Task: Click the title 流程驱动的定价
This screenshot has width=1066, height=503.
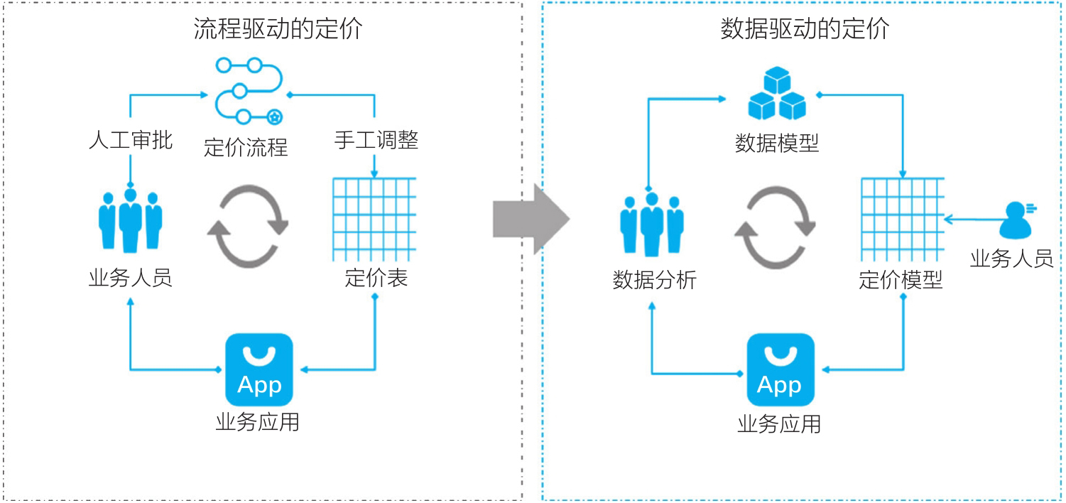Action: (278, 28)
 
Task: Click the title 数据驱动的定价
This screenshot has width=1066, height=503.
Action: (805, 28)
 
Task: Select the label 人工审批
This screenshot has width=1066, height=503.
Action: (131, 140)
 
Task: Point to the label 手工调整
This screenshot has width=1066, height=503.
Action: (376, 140)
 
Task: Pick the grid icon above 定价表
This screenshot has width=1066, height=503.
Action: (374, 219)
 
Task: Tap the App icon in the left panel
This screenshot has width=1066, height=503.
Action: (259, 369)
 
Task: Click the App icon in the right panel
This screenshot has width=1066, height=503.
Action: (780, 369)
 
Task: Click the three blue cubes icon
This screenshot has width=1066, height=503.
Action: (778, 94)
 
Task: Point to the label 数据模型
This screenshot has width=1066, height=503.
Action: (777, 144)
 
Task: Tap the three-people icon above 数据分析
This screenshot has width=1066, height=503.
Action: (653, 224)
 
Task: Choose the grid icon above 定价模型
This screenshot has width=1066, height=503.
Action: (902, 219)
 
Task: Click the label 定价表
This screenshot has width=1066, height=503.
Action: (376, 278)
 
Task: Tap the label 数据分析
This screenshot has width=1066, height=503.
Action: (654, 281)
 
